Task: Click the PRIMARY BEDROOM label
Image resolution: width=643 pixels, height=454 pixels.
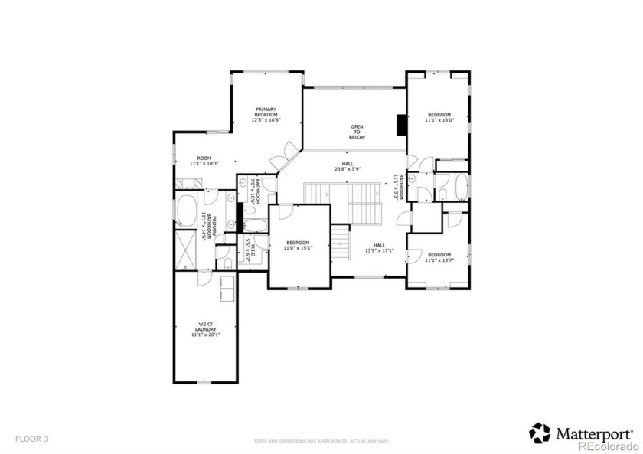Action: point(266,114)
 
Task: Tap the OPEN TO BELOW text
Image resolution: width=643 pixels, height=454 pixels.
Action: point(357,132)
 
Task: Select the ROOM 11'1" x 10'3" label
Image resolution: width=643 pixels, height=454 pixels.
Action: point(204,161)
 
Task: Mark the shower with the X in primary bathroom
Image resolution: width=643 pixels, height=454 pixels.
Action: point(187,249)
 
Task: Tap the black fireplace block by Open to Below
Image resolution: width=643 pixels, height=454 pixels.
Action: point(400,124)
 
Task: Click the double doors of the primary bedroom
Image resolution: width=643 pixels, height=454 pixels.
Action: point(287,156)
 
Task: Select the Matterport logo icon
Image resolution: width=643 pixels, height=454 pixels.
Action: point(540,433)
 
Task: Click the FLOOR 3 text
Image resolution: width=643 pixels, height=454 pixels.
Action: point(31,439)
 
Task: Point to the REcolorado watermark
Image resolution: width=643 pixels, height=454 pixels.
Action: point(608,446)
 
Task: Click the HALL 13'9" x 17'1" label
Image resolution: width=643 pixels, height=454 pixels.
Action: point(378,248)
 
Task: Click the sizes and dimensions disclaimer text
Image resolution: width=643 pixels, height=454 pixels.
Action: point(321,441)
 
